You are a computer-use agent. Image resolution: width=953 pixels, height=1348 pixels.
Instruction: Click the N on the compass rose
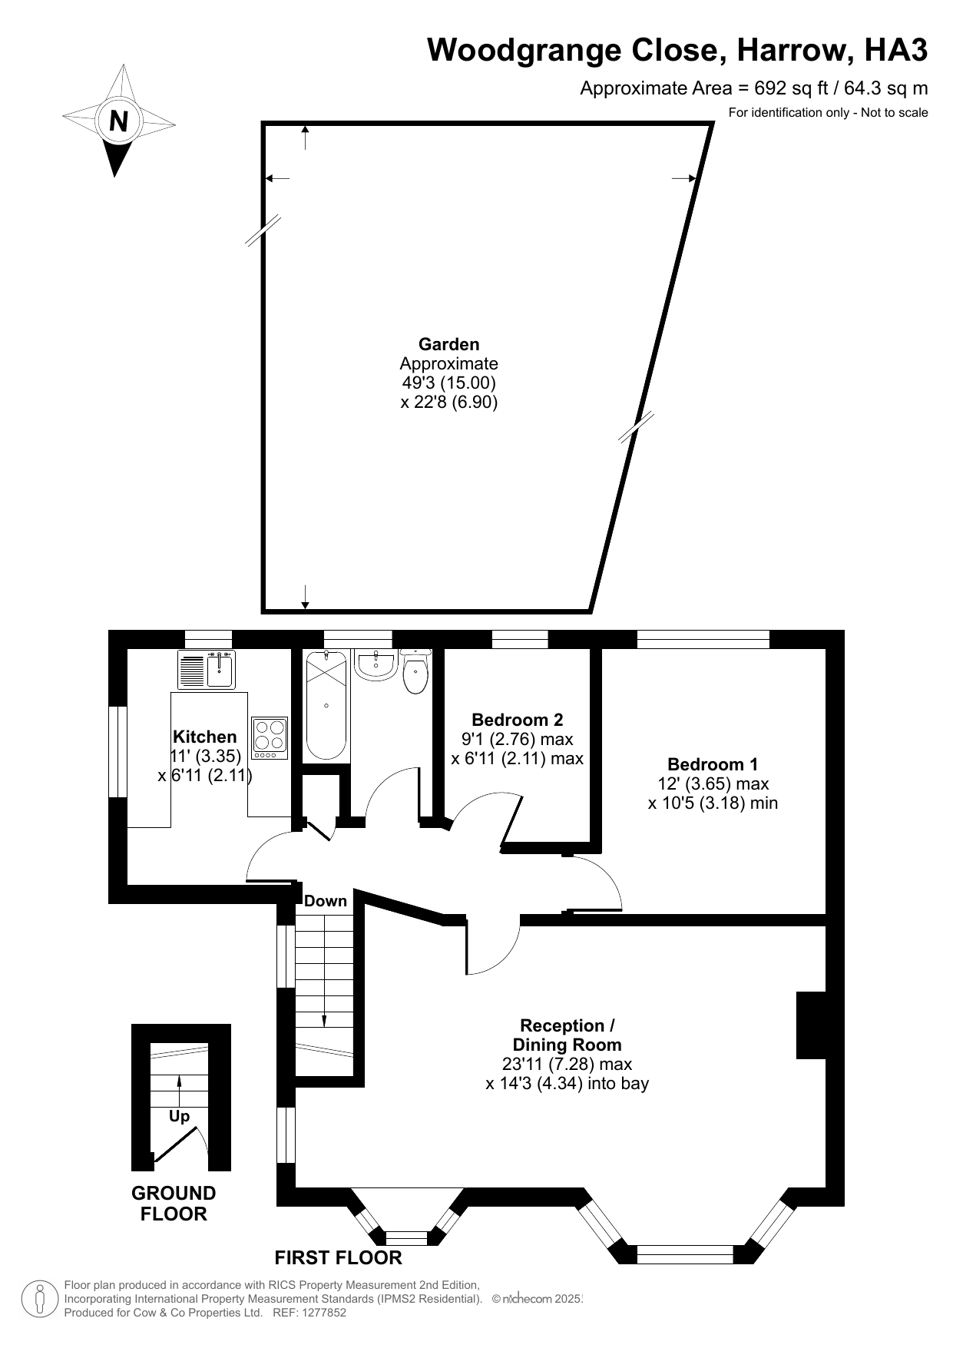pyautogui.click(x=118, y=121)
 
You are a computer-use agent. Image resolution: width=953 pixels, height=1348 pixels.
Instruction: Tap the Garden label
pyautogui.click(x=448, y=345)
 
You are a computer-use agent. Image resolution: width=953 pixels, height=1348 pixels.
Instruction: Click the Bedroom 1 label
pyautogui.click(x=712, y=764)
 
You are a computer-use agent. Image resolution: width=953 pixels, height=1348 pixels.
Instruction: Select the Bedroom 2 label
pyautogui.click(x=517, y=720)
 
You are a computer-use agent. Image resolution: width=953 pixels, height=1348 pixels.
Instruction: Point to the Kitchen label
pyautogui.click(x=204, y=737)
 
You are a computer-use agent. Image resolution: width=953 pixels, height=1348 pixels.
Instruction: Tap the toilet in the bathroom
pyautogui.click(x=415, y=673)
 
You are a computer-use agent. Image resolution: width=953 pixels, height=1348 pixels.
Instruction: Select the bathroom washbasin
pyautogui.click(x=376, y=665)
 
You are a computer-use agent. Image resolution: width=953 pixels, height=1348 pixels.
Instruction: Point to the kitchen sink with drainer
pyautogui.click(x=207, y=670)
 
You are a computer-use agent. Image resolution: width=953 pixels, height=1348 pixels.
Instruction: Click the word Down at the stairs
pyautogui.click(x=326, y=901)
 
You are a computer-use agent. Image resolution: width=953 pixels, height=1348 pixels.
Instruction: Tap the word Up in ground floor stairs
pyautogui.click(x=179, y=1116)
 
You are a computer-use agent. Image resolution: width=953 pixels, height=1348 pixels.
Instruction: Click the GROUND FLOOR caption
pyautogui.click(x=174, y=1204)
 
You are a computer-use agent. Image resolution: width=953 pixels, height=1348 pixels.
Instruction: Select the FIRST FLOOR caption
pyautogui.click(x=339, y=1257)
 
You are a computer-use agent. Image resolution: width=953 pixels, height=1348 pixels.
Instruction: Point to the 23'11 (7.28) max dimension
pyautogui.click(x=567, y=1064)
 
